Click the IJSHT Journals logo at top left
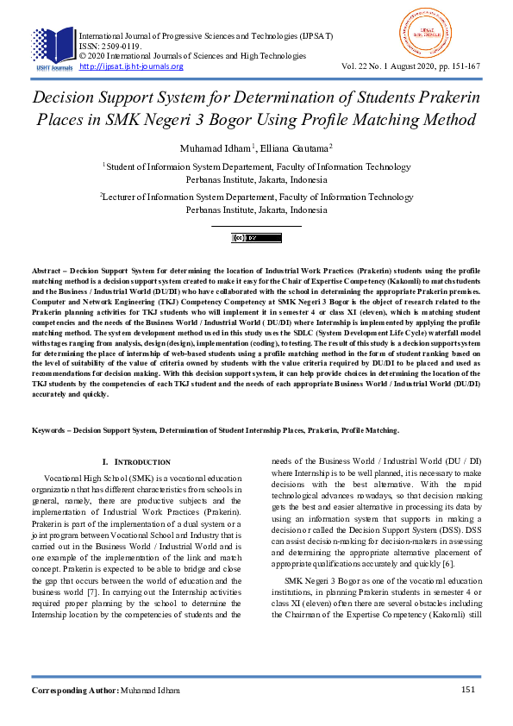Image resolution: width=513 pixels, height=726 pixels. (x=53, y=48)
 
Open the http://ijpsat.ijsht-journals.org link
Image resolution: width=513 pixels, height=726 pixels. (x=130, y=66)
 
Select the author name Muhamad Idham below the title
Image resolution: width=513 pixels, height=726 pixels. (x=216, y=147)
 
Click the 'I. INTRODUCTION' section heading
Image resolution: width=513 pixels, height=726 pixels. (x=136, y=463)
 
